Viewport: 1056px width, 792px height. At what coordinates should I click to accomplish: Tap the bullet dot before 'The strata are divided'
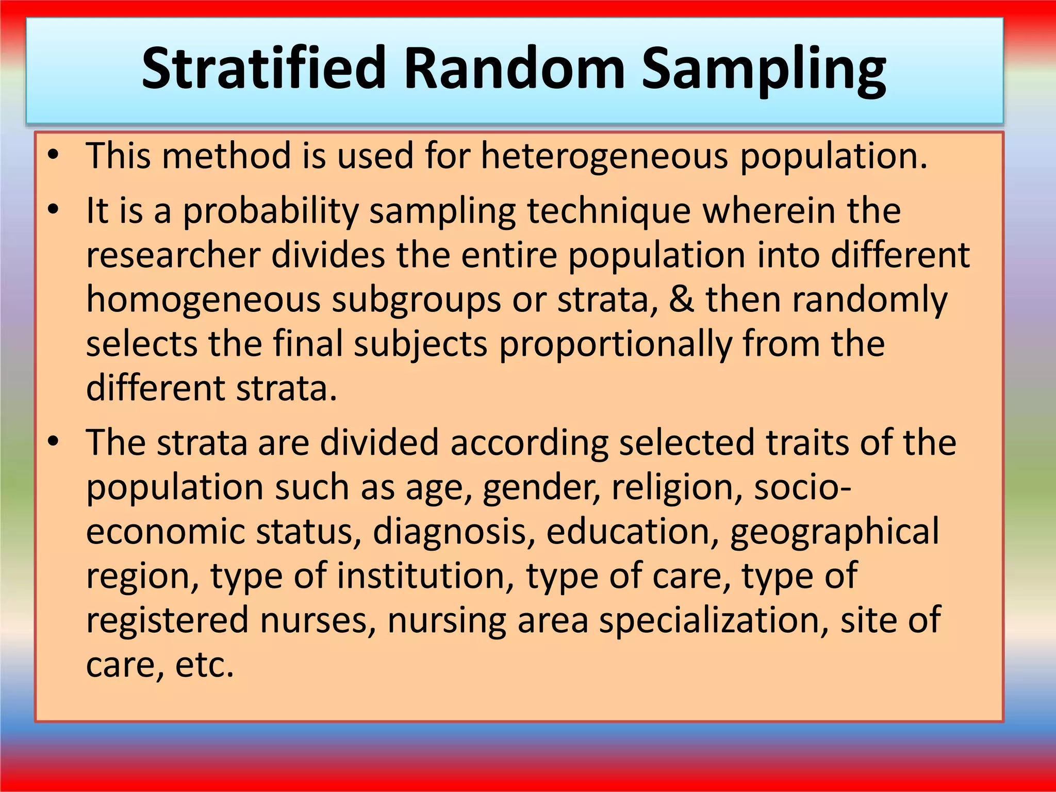pyautogui.click(x=53, y=442)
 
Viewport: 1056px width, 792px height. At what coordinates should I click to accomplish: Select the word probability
pyautogui.click(x=271, y=211)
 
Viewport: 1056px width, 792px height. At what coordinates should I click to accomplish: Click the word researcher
pyautogui.click(x=173, y=255)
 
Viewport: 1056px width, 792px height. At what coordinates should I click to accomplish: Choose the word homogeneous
pyautogui.click(x=203, y=300)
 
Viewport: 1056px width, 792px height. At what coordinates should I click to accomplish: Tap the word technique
pyautogui.click(x=608, y=211)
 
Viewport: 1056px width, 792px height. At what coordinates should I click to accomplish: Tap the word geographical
pyautogui.click(x=834, y=532)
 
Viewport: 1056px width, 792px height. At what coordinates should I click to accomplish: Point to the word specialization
pyautogui.click(x=714, y=621)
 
